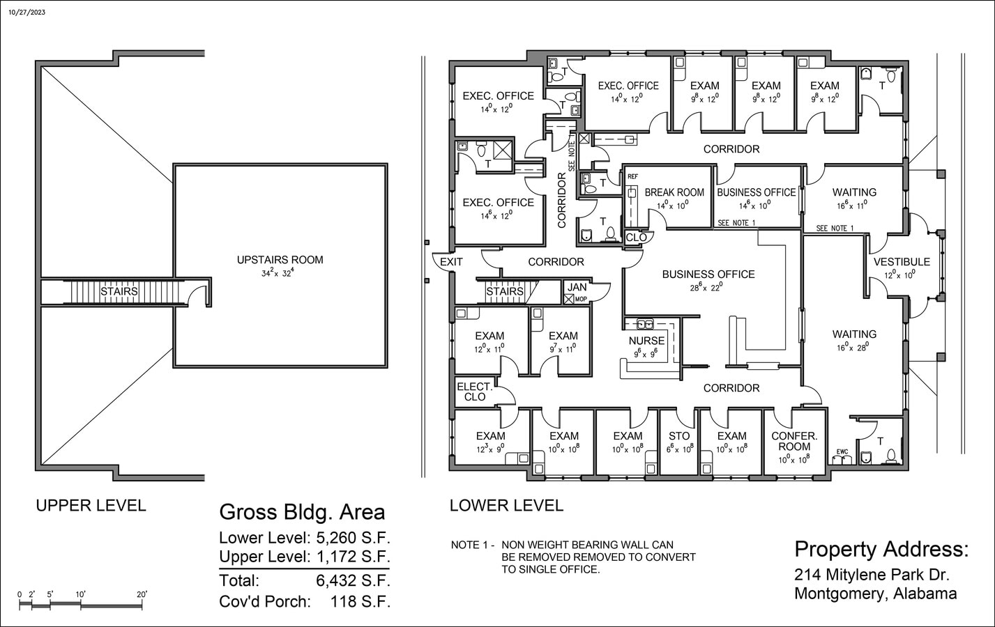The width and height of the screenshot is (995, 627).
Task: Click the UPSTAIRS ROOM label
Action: click(x=280, y=260)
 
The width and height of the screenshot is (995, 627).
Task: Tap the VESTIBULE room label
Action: click(x=902, y=262)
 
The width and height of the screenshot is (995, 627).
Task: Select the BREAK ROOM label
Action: click(x=674, y=192)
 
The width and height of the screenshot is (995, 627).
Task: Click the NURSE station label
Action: click(x=646, y=341)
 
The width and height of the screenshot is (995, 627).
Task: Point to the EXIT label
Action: click(x=451, y=262)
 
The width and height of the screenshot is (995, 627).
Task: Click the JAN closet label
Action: click(x=577, y=287)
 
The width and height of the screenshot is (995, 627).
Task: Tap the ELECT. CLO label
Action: click(x=474, y=392)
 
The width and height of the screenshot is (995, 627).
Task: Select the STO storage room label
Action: click(x=678, y=436)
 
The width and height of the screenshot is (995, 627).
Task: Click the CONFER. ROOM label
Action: click(x=793, y=441)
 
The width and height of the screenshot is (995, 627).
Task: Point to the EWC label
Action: click(x=842, y=452)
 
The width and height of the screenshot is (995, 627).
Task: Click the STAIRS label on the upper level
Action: click(x=119, y=291)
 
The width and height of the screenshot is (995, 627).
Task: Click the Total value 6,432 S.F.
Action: click(x=353, y=580)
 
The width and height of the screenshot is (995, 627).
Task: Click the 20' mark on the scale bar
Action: click(x=142, y=594)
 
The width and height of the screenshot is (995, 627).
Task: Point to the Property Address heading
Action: click(x=881, y=549)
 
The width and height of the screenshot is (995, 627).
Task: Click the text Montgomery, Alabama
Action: click(x=875, y=594)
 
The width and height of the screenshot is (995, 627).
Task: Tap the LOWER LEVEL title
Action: click(x=506, y=505)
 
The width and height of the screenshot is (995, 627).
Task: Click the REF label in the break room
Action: click(x=632, y=177)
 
